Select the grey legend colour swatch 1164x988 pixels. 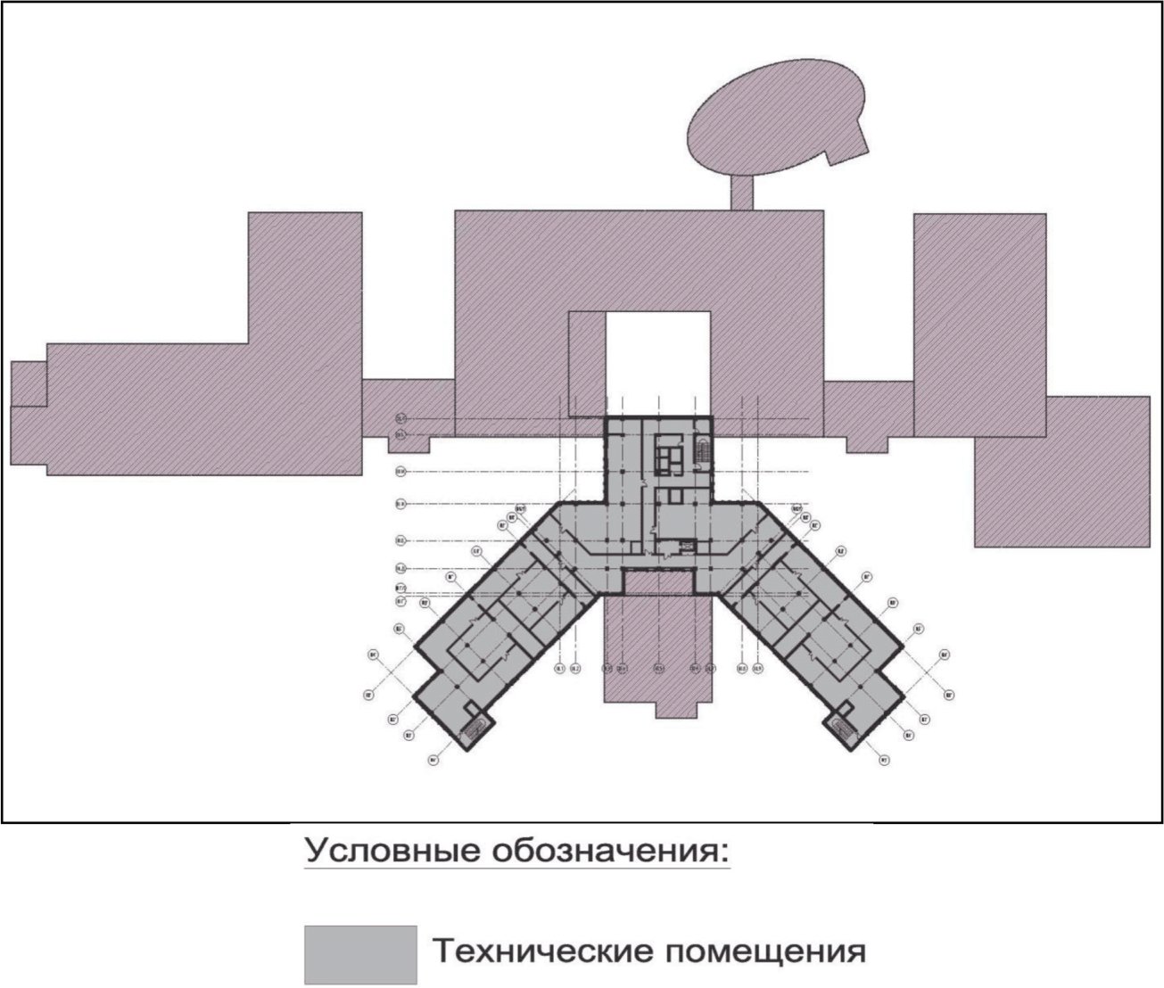coord(360,953)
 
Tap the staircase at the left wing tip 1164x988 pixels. coord(473,726)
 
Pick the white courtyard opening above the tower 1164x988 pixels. coord(658,361)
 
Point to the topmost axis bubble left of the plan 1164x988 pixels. coord(400,418)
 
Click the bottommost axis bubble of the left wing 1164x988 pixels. coord(433,761)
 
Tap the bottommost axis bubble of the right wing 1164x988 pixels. coord(885,761)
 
